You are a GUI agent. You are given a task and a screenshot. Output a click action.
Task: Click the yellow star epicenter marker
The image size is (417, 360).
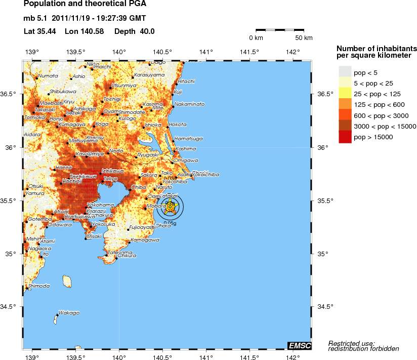click(x=171, y=207)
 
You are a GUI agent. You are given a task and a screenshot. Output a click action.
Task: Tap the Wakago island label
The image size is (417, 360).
click(x=69, y=313)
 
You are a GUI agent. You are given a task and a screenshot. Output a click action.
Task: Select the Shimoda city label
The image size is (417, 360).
click(x=39, y=286)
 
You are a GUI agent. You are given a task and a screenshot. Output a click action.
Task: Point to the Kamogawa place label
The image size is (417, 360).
click(x=142, y=240)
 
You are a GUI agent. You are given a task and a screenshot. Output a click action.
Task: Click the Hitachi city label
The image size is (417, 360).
click(x=186, y=81)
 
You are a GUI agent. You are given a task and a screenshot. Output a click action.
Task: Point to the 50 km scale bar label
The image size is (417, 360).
click(x=304, y=38)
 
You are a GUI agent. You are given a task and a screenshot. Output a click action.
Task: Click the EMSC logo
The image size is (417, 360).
click(x=299, y=345)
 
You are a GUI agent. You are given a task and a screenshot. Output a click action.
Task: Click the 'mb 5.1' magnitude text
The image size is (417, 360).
click(x=35, y=19)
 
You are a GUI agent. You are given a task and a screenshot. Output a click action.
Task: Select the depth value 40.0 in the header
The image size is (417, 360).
click(x=147, y=31)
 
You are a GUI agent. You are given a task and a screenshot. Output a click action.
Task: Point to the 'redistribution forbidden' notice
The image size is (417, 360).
click(x=363, y=348)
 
